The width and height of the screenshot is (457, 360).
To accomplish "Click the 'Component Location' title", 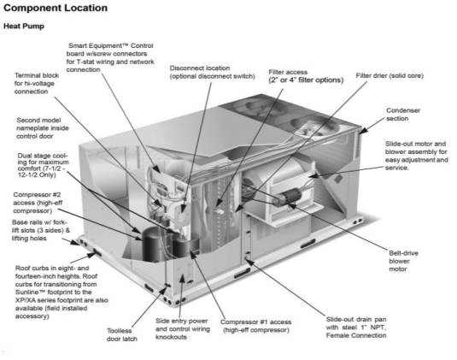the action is [56, 9].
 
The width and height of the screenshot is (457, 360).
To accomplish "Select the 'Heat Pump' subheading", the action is [24, 27].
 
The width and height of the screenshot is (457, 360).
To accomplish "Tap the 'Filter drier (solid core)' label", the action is [390, 76].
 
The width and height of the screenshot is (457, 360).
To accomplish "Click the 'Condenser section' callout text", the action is [403, 115].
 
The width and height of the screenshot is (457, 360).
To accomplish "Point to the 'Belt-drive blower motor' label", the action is [403, 261].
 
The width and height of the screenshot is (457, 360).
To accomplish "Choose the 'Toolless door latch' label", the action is [122, 335].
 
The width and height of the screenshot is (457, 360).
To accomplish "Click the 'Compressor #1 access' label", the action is [256, 326].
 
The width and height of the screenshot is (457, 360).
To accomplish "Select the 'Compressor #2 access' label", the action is [38, 203].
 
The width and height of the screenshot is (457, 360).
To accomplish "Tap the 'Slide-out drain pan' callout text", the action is [356, 328].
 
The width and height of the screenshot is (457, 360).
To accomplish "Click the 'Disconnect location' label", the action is [213, 72].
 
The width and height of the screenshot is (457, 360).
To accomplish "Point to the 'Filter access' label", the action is [306, 76].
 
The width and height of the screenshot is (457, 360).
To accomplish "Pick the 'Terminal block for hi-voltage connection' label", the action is [37, 84].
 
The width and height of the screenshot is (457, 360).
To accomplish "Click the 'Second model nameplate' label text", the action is [43, 128].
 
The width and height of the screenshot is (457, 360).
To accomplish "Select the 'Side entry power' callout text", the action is [183, 328].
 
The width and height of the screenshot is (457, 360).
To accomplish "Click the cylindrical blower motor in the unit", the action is [287, 198].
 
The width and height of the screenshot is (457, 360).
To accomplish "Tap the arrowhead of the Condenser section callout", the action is [362, 131].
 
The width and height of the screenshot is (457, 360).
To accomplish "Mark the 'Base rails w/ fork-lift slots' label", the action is [41, 230].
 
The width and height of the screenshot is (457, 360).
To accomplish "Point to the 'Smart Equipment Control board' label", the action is [110, 57].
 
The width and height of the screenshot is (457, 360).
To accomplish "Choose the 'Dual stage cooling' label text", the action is [43, 165].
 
